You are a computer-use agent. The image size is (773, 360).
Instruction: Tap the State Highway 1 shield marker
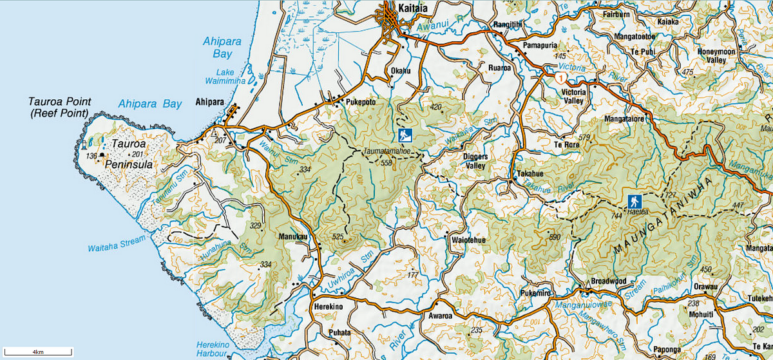[562, 79]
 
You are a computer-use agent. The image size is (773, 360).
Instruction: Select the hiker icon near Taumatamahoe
[405, 136]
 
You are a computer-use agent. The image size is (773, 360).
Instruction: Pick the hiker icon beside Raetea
[635, 200]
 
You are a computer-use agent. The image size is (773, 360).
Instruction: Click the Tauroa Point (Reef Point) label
[60, 108]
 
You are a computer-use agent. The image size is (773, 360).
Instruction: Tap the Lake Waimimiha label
[220, 77]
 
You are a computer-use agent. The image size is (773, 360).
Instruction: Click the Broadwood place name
[609, 281]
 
